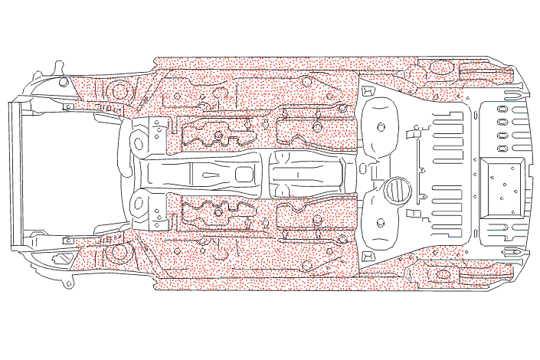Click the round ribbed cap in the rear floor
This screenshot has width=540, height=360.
tap(397, 189)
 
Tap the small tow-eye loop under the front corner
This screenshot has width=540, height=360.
tap(69, 284)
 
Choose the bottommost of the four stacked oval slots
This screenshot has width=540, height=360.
tap(503, 148)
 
